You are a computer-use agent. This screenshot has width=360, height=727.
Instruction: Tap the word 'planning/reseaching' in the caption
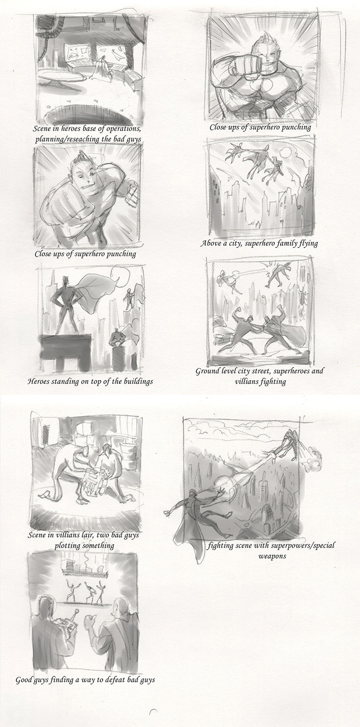click(67, 140)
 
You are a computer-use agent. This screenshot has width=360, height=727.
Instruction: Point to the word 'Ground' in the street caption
click(206, 371)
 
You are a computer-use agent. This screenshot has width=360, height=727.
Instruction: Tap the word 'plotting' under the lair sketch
click(66, 546)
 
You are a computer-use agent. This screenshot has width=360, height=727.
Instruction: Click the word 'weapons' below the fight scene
click(272, 556)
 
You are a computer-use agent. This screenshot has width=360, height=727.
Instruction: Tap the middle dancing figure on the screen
click(88, 592)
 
